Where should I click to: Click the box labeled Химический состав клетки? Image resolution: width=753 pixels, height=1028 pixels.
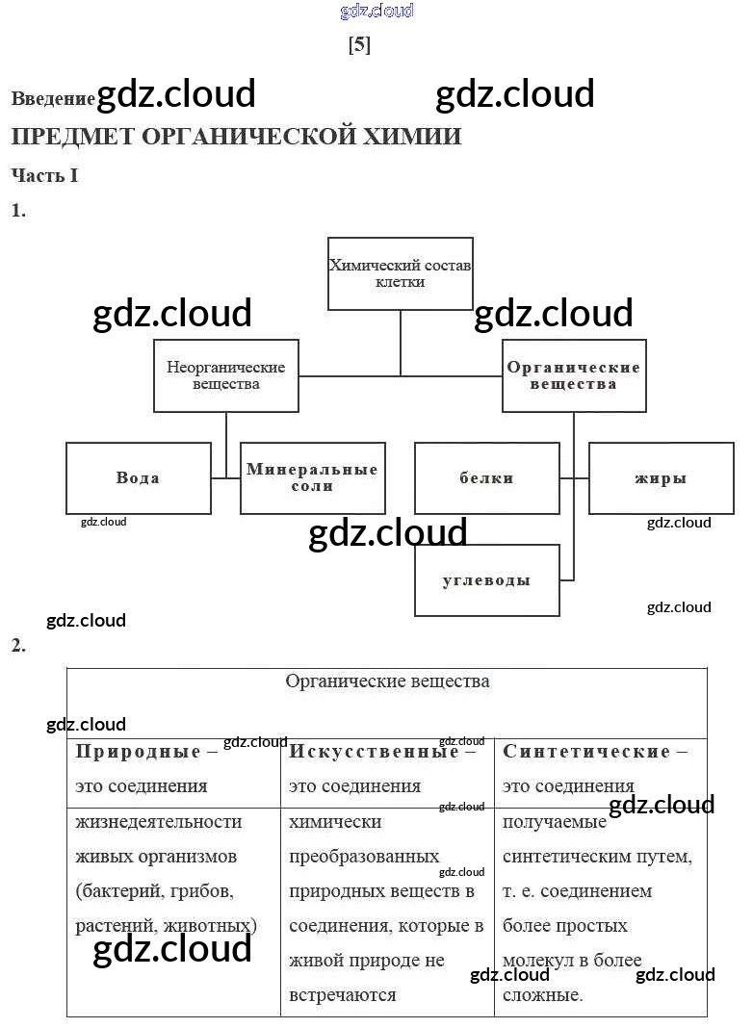tap(400, 273)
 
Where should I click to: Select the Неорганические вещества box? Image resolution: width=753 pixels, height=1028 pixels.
tap(226, 375)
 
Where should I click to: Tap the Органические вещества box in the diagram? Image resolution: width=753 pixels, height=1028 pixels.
tap(574, 375)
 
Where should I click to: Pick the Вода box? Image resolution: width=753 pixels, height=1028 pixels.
tap(138, 477)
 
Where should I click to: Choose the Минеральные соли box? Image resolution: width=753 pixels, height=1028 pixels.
tap(312, 477)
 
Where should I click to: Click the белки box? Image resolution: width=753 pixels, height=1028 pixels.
tap(486, 477)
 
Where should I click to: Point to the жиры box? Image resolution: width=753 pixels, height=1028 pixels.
tap(661, 477)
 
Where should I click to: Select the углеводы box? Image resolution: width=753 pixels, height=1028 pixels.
tap(486, 580)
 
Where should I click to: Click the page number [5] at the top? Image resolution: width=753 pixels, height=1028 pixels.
tap(359, 44)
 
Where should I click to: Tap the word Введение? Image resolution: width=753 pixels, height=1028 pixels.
tap(53, 98)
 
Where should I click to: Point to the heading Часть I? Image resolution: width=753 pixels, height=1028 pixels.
tap(44, 175)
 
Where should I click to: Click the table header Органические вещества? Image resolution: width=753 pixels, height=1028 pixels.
tap(387, 681)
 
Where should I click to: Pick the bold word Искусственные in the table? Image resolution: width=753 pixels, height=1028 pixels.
tap(374, 752)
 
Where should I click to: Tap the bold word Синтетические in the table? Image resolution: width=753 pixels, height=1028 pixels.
tap(586, 752)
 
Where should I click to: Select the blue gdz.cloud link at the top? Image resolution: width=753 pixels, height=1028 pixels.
tap(376, 11)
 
